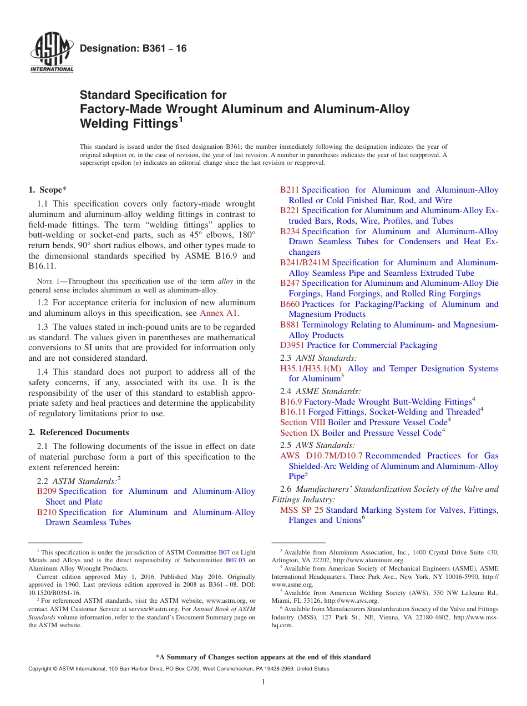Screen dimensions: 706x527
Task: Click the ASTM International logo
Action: pos(52,54)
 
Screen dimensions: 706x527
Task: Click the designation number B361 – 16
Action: pos(133,49)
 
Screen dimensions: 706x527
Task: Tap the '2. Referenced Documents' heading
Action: pos(79,432)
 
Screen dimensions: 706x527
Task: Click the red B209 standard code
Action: pos(47,491)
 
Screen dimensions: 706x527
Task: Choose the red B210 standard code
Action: pos(47,512)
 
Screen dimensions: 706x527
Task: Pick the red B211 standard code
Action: pos(290,190)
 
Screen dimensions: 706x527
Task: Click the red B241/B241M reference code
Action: pos(305,263)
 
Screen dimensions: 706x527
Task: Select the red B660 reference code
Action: pos(290,304)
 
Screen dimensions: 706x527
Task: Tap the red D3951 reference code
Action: pos(292,345)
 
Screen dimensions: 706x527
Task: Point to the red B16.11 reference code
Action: pos(293,412)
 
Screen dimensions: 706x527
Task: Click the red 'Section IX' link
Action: pos(300,433)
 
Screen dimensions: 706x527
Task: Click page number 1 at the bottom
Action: pos(263,682)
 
